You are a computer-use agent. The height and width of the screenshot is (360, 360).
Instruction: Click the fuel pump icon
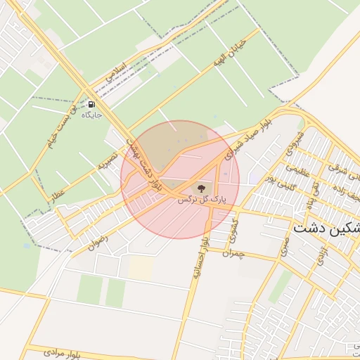point(92,103)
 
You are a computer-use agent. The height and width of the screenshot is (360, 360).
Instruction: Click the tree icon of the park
point(200,188)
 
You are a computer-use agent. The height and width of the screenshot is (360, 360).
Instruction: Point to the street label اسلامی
point(116,71)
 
